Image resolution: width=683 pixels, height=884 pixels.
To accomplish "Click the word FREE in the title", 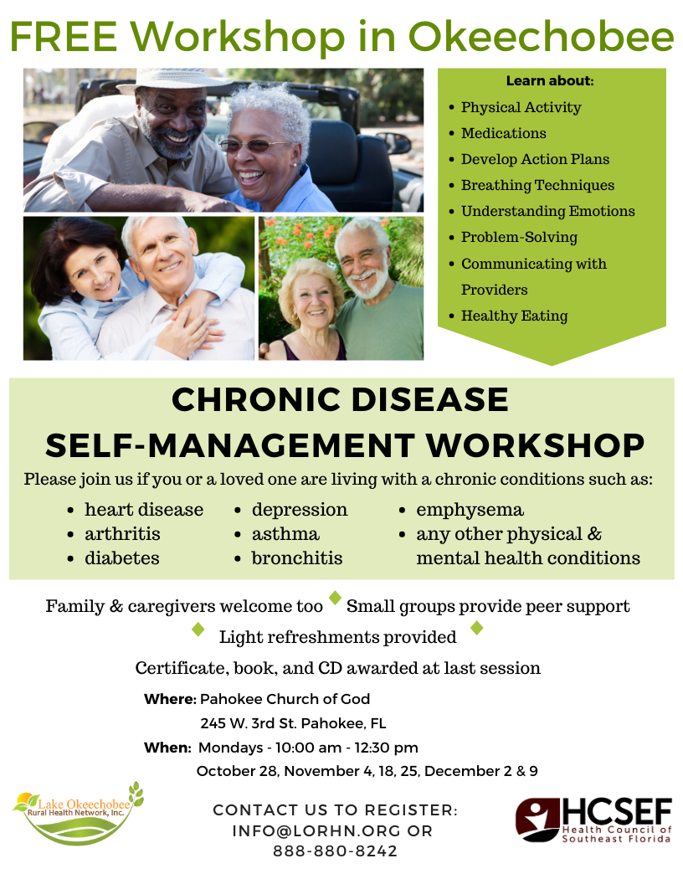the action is coord(64,37).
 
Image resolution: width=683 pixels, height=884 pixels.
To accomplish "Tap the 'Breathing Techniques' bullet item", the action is coord(537,186).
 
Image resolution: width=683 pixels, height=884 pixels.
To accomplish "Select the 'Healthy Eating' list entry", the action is coord(514,316).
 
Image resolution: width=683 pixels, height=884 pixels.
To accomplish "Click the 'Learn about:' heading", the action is coord(550,80).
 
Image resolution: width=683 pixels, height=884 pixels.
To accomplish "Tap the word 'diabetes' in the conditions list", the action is coord(121,558).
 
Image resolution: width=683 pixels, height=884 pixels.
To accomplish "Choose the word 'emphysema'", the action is coord(470,510).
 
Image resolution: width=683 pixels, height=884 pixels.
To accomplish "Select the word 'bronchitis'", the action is coord(297,558).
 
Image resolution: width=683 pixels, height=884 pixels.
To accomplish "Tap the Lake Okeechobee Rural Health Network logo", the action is coord(78,814).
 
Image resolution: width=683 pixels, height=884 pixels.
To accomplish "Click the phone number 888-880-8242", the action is coord(336,851).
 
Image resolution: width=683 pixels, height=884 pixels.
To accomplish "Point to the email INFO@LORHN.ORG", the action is coord(316,831).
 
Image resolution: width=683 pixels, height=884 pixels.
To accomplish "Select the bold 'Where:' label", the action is coord(170,699).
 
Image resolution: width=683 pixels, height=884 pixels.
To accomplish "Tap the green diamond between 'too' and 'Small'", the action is coord(336,598).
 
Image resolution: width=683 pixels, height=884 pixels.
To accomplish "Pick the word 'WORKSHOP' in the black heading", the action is coord(535,445).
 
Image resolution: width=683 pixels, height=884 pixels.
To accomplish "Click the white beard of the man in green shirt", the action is coord(370,283).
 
